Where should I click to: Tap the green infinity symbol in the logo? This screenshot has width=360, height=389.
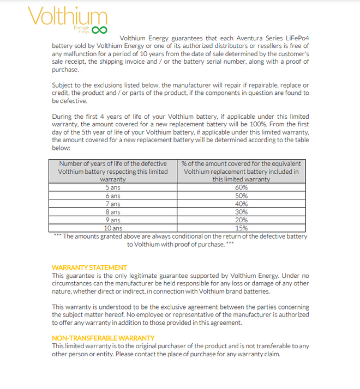99,30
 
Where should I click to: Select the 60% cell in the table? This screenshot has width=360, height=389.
241,187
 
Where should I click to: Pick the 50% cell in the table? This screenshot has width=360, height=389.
241,196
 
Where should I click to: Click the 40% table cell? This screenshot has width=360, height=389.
241,204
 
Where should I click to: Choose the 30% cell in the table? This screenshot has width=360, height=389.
241,212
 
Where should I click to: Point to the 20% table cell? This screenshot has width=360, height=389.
241,220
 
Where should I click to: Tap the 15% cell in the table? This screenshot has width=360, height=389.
241,228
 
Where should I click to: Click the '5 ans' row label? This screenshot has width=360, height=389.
113,187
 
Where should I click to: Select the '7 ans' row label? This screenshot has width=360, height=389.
113,204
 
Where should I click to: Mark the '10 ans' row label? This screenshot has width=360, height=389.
113,228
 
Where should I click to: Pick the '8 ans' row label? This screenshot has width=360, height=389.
113,212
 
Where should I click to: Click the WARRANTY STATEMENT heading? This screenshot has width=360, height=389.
89,268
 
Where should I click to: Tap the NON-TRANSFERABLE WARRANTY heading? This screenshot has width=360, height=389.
103,338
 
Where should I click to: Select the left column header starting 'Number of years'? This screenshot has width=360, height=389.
113,171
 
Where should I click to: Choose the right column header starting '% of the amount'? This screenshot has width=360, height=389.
241,171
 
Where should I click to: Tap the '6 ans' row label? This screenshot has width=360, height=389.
113,196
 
